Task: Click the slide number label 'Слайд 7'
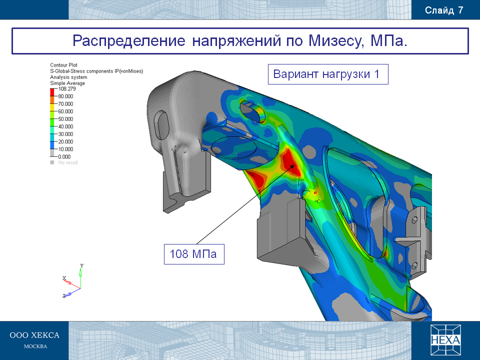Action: (444, 10)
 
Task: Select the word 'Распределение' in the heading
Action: (129, 41)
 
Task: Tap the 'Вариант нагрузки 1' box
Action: (328, 74)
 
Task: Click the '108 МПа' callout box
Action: (194, 254)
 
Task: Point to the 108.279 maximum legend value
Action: (67, 89)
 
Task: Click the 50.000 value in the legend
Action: (65, 119)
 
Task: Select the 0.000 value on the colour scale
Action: (64, 156)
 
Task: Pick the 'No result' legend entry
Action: (68, 162)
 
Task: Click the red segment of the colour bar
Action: (52, 92)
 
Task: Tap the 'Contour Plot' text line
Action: (63, 65)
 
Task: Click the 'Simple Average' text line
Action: (67, 83)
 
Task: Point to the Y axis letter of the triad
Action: (81, 265)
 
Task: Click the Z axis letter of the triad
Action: (64, 296)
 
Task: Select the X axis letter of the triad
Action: (64, 278)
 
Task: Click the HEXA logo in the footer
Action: (445, 340)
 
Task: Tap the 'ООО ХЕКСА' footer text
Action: (34, 335)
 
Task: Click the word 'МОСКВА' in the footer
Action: (35, 346)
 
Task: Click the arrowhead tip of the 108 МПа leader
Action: (294, 164)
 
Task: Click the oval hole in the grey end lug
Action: (161, 125)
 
